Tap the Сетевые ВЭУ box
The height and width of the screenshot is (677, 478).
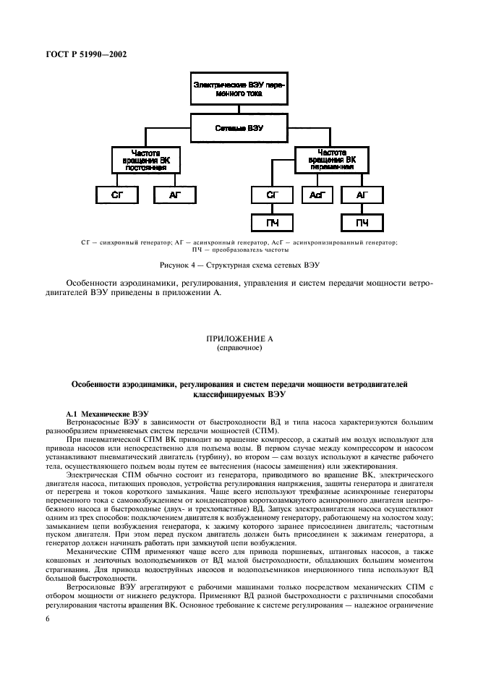[x=239, y=127]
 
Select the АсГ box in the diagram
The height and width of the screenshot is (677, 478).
[x=315, y=195]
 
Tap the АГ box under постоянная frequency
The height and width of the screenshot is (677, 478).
[x=173, y=195]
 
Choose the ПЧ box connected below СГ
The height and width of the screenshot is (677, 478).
[x=273, y=223]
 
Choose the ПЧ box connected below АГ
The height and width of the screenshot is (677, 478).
[x=362, y=223]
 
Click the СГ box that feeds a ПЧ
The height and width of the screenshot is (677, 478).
[x=273, y=195]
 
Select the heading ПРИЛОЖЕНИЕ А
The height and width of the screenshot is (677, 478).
[x=239, y=338]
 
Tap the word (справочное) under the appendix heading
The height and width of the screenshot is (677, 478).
[x=239, y=347]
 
